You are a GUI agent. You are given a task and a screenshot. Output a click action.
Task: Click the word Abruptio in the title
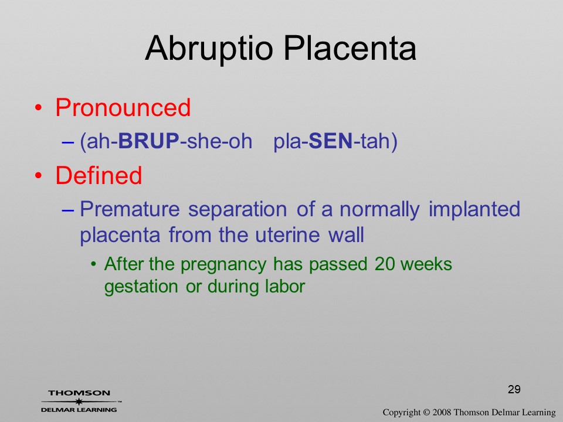(209, 49)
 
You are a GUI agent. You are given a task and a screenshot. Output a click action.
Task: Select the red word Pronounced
(123, 107)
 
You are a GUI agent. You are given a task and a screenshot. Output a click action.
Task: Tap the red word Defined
(99, 175)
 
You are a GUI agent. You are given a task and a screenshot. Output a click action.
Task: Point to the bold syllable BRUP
(148, 141)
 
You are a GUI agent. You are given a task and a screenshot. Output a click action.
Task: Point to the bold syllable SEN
(330, 141)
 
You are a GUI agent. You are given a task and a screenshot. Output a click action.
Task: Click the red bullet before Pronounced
(39, 108)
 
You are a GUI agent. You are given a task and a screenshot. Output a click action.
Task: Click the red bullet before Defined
(39, 175)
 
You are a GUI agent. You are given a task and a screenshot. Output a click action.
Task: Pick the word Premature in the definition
(130, 209)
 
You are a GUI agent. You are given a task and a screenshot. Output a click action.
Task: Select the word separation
(238, 210)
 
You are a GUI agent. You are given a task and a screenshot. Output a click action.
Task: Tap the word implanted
(474, 210)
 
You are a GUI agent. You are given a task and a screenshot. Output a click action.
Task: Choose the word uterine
(287, 236)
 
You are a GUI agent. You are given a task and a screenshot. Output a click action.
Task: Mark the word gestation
(141, 287)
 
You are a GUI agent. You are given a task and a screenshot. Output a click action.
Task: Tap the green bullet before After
(94, 264)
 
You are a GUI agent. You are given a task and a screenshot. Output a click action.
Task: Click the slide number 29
(514, 389)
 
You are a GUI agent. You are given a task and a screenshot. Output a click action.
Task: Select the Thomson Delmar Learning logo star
(79, 401)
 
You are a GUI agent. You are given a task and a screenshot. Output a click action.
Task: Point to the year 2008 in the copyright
(442, 413)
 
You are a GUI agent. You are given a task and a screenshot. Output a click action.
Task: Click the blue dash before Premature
(68, 210)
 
